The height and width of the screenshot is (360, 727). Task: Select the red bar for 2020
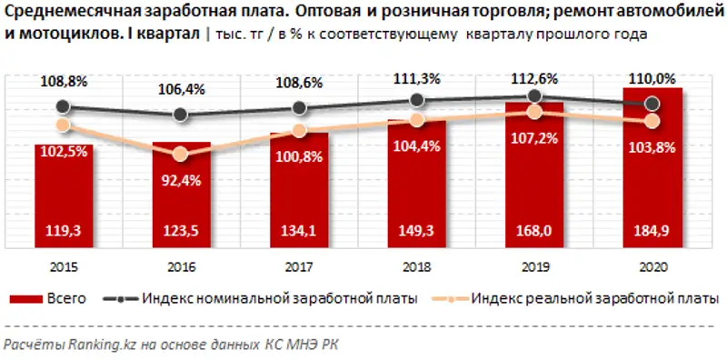653,173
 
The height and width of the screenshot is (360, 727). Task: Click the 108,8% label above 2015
64,81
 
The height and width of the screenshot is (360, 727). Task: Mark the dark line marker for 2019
535,95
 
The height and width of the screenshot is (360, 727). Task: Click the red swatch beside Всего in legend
28,298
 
